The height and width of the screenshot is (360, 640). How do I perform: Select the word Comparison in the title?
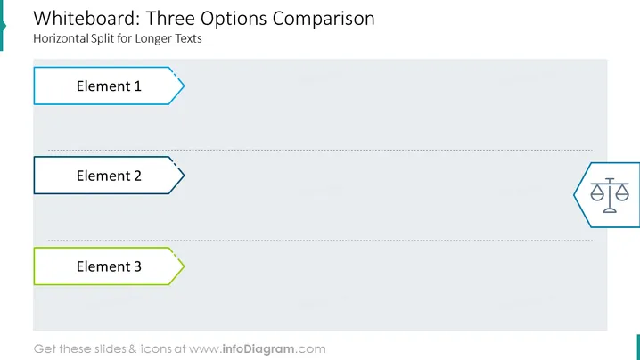point(324,20)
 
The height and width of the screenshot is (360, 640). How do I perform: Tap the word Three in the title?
point(170,19)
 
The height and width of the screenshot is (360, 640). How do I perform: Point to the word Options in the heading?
point(234,20)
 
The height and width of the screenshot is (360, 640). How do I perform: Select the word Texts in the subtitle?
point(188,38)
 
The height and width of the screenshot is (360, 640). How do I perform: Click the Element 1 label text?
point(109,86)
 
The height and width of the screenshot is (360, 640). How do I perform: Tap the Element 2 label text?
point(109,176)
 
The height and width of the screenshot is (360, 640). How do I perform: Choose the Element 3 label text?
point(109,266)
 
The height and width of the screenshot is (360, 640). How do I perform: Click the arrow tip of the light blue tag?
point(185,86)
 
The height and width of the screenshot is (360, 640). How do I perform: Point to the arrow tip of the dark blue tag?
point(185,176)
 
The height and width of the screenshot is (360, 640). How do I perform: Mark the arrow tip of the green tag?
point(185,266)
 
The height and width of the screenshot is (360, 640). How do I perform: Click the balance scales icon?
point(610,195)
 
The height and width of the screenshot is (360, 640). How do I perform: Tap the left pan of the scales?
point(597,193)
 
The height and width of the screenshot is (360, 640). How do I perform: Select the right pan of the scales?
point(622,193)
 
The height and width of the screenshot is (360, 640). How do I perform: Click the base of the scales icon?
point(610,210)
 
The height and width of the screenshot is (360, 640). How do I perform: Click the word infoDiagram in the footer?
point(258,349)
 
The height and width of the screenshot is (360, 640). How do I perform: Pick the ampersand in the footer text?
point(133,349)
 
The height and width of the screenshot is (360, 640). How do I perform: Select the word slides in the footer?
point(111,349)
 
